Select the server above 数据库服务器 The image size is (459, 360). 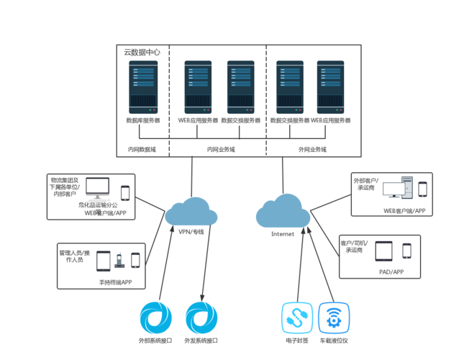143,85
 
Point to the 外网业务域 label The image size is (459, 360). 312,150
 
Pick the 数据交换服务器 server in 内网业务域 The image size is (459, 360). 241,85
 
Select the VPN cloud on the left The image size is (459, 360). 191,212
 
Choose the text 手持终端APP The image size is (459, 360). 115,283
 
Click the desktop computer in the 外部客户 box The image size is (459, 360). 397,189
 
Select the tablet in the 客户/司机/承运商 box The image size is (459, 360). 385,251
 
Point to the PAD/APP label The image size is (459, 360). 391,272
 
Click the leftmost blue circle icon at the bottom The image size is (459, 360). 155,318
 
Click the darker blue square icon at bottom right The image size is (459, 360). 334,317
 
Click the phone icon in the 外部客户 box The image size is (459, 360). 422,189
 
